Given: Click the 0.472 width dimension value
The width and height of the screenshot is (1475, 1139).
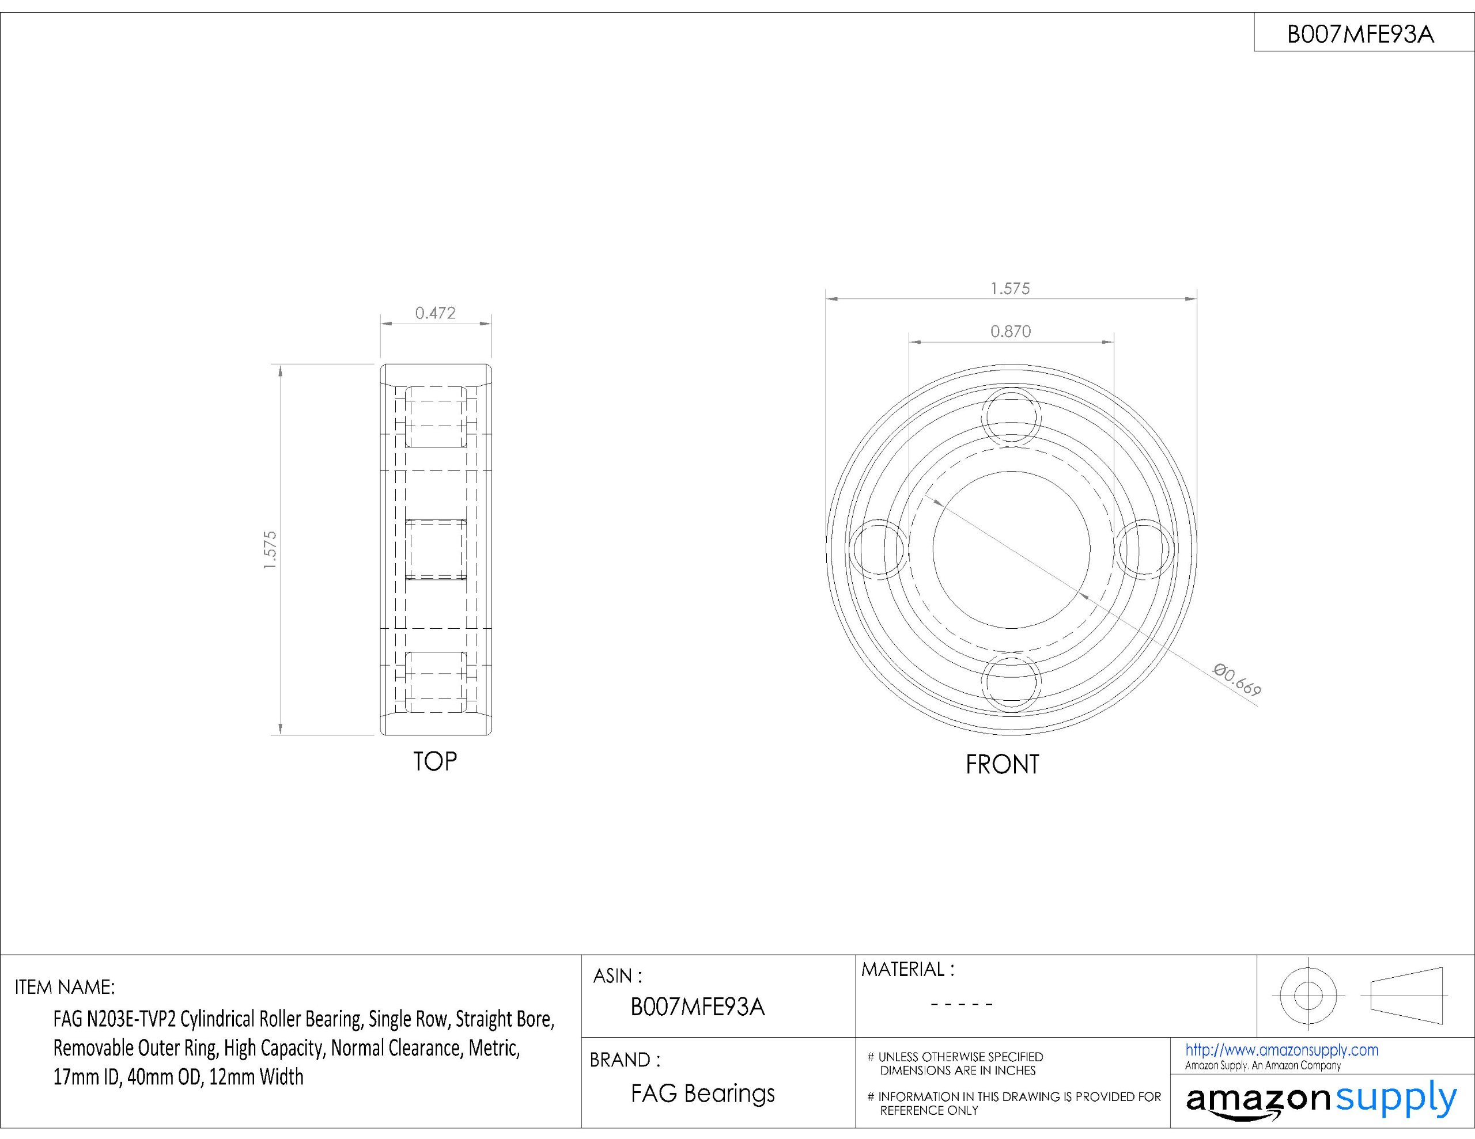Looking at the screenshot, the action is coord(435,313).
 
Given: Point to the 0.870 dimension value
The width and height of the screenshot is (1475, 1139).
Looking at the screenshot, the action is coord(1011,331).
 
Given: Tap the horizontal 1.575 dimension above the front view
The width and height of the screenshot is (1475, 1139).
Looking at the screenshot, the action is coord(1011,288).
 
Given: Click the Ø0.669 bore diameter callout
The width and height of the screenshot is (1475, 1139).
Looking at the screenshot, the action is coord(1236,679).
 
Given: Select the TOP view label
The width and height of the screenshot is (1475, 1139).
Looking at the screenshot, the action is coord(435,762).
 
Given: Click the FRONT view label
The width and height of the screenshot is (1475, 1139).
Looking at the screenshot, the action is coord(1002,764).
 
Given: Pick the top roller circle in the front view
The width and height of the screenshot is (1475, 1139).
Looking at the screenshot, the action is coord(1011,386).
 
